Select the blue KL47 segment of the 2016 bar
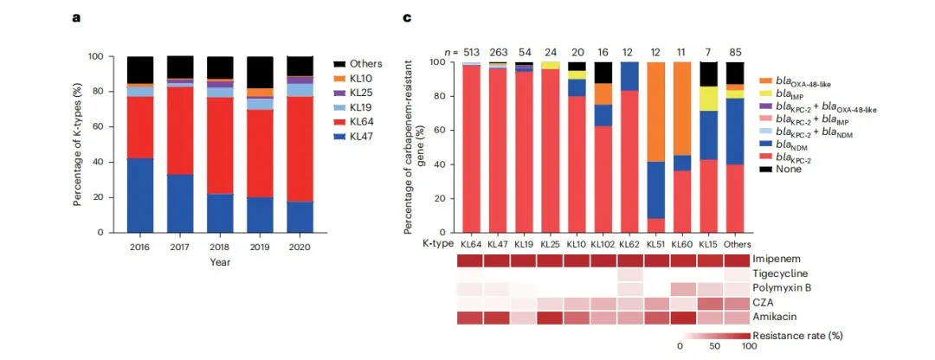[140, 195]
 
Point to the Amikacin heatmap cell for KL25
[551, 318]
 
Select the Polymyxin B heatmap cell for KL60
[683, 288]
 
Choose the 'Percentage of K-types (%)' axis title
[77, 145]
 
